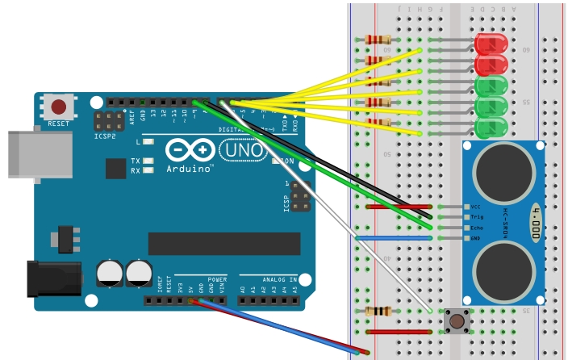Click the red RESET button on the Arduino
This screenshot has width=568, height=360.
point(59,107)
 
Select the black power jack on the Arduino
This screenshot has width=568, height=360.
point(50,277)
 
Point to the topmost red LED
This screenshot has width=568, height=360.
point(491,45)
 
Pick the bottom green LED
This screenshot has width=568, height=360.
point(490,128)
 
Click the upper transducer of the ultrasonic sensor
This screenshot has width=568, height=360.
point(502,172)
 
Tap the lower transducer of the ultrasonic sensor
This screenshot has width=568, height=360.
point(502,270)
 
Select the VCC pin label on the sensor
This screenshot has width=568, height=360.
point(477,207)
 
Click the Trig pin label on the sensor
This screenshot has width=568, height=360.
point(477,217)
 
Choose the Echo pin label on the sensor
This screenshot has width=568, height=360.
point(477,228)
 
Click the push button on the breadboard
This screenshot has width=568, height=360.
point(457,321)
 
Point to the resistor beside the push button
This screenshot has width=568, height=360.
point(378,312)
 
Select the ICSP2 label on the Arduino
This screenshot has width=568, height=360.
point(103,137)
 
